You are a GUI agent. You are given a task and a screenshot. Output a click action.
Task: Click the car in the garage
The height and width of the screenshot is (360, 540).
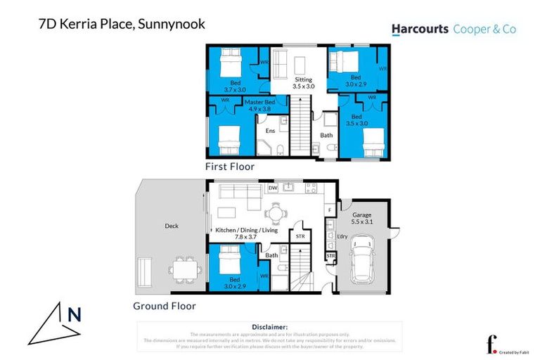(x=362, y=256)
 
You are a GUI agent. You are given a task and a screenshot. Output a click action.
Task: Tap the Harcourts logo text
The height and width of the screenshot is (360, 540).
(x=420, y=29)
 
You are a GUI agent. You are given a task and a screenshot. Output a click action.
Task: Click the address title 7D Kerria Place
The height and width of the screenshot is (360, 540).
(x=121, y=24)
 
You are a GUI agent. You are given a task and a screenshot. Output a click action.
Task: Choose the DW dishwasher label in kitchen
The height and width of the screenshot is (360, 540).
(x=273, y=188)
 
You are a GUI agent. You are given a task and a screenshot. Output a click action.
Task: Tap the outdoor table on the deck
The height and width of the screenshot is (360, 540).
(x=185, y=269)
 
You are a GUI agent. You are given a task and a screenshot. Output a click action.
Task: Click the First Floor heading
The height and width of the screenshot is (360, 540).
(x=229, y=167)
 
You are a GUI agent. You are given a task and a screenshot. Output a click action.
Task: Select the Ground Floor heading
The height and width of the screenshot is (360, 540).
(x=165, y=306)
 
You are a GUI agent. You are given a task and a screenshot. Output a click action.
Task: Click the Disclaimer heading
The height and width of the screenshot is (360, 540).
(x=270, y=327)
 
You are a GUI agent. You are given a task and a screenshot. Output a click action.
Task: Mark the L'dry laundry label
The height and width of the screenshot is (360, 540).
(x=342, y=237)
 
